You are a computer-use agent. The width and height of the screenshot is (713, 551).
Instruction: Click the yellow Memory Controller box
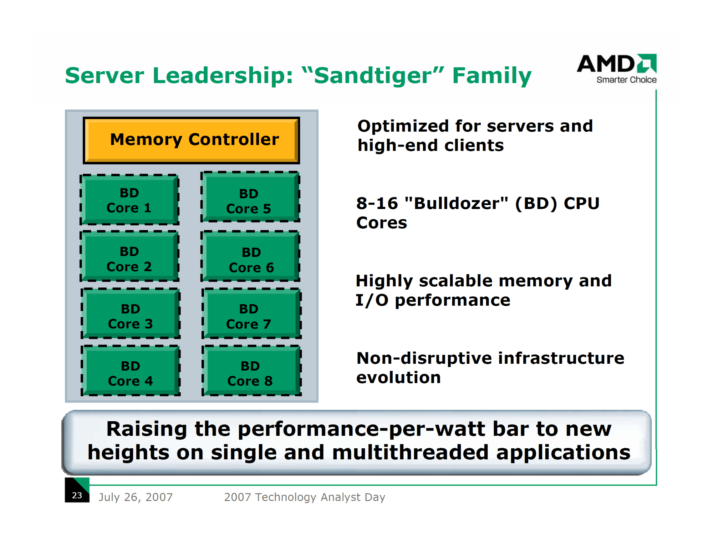coord(191,140)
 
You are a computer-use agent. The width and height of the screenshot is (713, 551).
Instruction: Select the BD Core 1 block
coord(129,200)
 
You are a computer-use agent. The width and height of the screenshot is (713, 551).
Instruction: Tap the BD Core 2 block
coord(129,256)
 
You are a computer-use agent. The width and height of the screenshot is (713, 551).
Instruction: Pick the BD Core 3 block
coord(131,313)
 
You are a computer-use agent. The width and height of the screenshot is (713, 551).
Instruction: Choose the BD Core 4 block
coord(131,371)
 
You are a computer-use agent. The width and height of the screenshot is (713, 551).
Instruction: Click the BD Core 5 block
coord(250,197)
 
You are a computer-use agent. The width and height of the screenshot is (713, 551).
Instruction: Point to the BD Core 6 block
coord(250,256)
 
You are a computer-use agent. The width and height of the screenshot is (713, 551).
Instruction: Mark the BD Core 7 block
coord(251,313)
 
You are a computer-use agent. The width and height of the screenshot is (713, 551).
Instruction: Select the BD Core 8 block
coord(251,371)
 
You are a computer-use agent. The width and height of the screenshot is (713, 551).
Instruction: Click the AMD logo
coord(617,68)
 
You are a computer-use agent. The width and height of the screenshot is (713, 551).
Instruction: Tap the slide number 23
coord(77,495)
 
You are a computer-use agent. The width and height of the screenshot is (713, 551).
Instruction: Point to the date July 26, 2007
coord(136,497)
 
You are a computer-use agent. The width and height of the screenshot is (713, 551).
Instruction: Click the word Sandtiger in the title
coord(373,76)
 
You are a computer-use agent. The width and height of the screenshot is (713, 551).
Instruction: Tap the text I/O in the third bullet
coord(372,300)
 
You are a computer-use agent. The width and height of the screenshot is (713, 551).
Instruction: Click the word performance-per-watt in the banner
coord(361,429)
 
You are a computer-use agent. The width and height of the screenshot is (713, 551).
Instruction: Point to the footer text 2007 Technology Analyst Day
coord(305,497)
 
